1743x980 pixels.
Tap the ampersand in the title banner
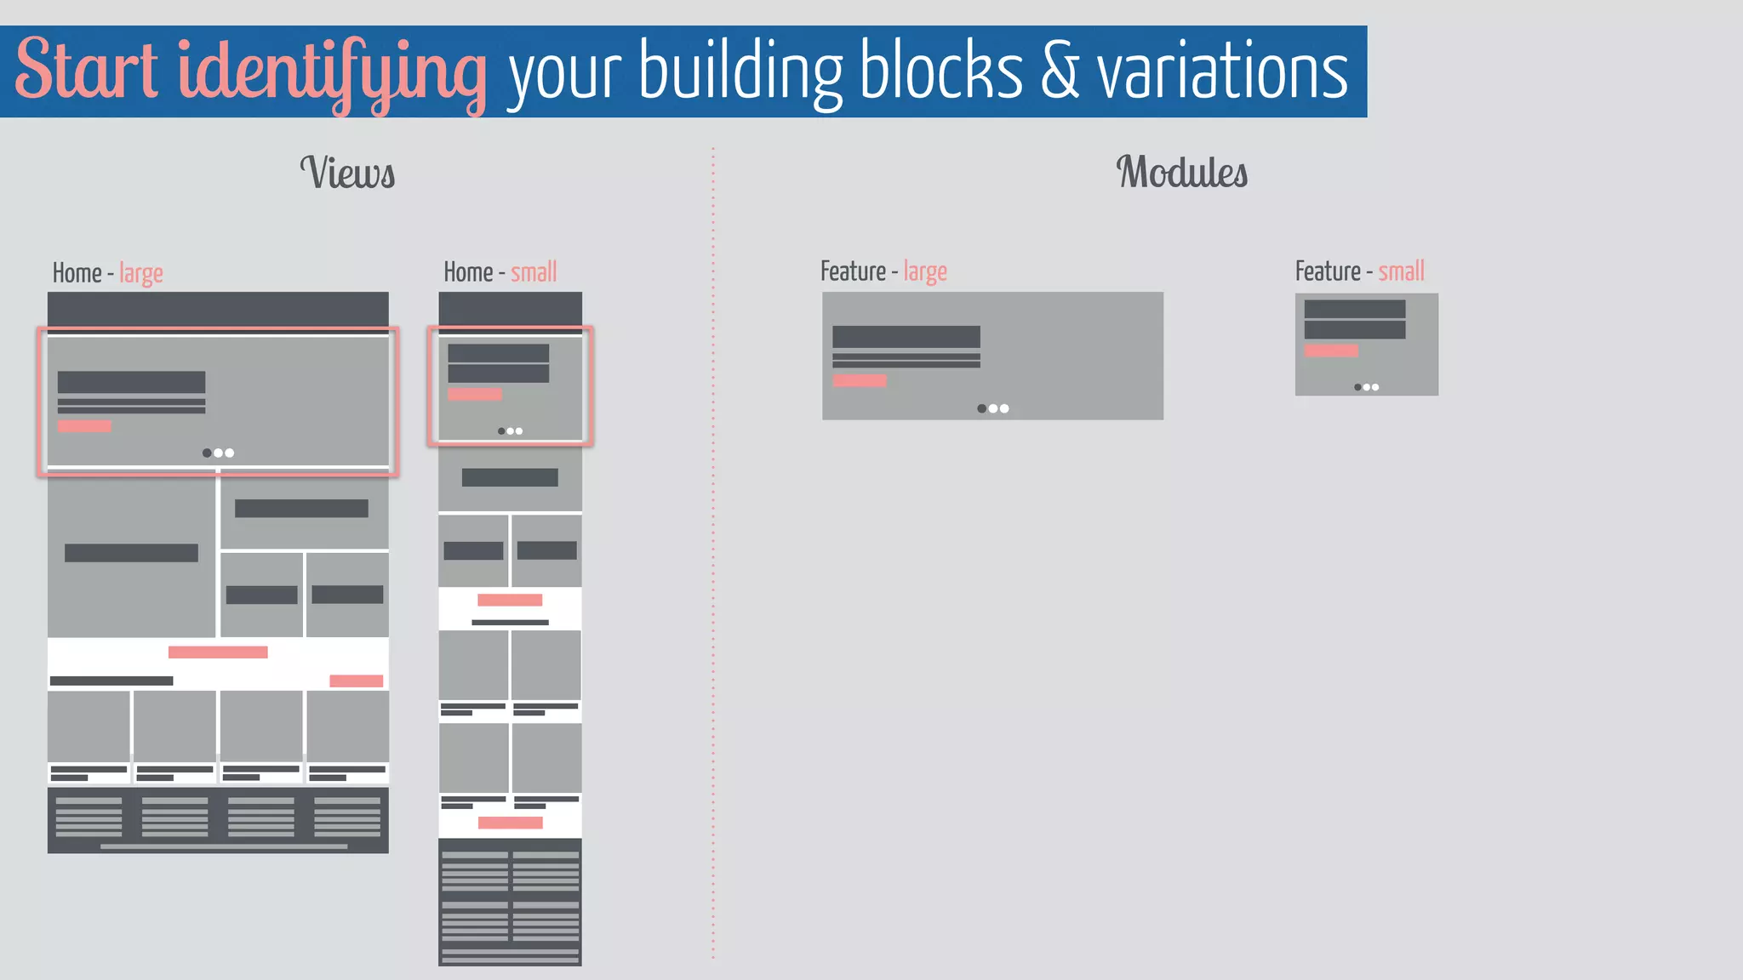[x=1060, y=71]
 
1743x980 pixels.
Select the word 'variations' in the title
[x=1222, y=71]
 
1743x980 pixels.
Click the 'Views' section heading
[x=347, y=173]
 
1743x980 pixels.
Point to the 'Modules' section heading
[x=1181, y=173]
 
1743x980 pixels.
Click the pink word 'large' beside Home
[x=141, y=274]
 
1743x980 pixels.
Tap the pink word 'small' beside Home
[x=534, y=273]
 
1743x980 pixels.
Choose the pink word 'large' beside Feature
[x=925, y=272]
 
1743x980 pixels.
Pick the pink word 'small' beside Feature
[x=1401, y=272]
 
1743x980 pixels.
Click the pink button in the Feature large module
[x=860, y=381]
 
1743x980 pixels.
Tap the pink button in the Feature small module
[x=1331, y=350]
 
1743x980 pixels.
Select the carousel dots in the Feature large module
[x=992, y=408]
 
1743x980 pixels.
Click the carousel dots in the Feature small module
[x=1366, y=387]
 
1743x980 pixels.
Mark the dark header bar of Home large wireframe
[x=218, y=309]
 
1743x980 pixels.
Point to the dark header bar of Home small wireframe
[x=510, y=308]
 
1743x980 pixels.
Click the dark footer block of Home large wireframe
[x=218, y=820]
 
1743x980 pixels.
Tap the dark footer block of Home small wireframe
[x=510, y=902]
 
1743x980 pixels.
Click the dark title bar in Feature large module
[x=906, y=337]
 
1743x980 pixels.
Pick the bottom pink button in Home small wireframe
[x=510, y=823]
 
